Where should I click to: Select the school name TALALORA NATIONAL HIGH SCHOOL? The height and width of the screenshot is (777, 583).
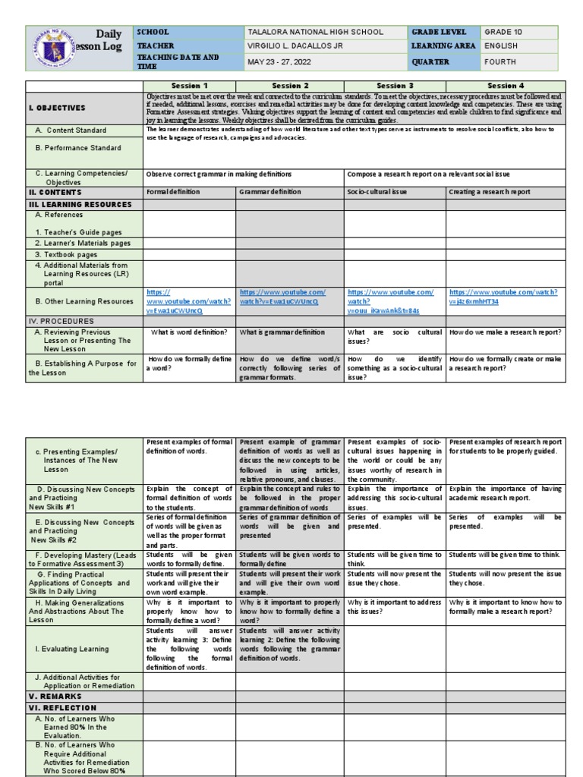(x=316, y=32)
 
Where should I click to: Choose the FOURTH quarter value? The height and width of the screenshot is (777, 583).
(x=502, y=62)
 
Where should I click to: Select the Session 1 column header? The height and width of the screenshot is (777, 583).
(x=190, y=86)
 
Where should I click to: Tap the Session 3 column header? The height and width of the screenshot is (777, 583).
(x=395, y=86)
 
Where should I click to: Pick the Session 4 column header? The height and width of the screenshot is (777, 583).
(x=506, y=86)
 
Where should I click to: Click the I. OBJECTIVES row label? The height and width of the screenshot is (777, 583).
(x=57, y=108)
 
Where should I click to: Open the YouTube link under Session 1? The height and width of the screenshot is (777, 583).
(x=175, y=301)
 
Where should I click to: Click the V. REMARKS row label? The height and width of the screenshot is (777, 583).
(x=53, y=696)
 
